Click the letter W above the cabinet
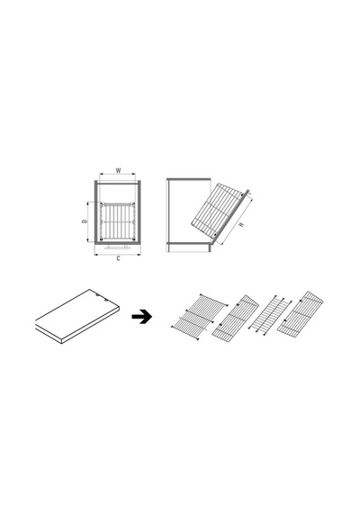click(118, 170)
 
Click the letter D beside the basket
click(85, 221)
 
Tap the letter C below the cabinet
click(118, 258)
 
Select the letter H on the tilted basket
click(241, 224)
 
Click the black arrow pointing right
click(141, 317)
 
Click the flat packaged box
click(77, 317)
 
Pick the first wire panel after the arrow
click(199, 317)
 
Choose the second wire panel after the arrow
click(235, 316)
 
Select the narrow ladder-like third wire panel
click(270, 315)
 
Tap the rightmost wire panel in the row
click(300, 313)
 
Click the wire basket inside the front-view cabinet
click(118, 221)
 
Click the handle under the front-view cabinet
click(118, 247)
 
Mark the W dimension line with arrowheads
click(118, 174)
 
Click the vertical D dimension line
click(88, 221)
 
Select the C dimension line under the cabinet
click(118, 254)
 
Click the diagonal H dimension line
click(237, 220)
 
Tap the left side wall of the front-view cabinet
click(96, 212)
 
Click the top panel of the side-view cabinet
click(188, 179)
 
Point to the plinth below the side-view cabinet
click(188, 248)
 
